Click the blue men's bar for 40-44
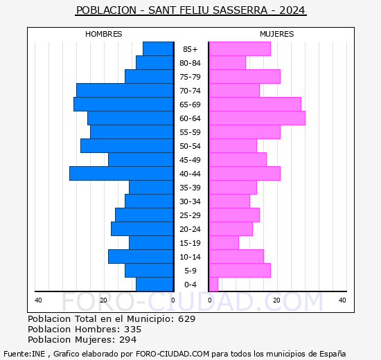(x=121, y=174)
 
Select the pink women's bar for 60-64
(x=257, y=118)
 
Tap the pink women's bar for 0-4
(x=213, y=285)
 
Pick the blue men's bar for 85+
(x=158, y=49)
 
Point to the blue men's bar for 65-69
(x=123, y=105)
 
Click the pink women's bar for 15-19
(x=224, y=243)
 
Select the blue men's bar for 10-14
(x=141, y=257)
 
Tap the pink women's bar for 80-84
(x=227, y=63)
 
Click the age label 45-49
(x=190, y=160)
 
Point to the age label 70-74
(x=190, y=91)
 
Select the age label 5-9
(x=190, y=271)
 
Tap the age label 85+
(x=190, y=49)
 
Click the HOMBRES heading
(x=103, y=34)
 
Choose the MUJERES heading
(x=277, y=34)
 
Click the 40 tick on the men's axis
(x=38, y=300)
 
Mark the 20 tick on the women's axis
(x=276, y=300)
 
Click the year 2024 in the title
(x=292, y=10)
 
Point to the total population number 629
(x=186, y=318)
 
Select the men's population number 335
(x=133, y=329)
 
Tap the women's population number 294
(x=128, y=340)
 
